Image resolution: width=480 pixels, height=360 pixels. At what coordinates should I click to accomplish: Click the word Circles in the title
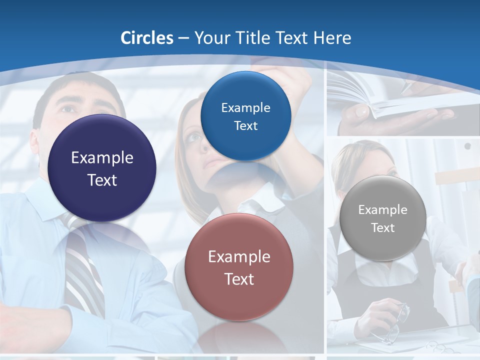tap(147, 38)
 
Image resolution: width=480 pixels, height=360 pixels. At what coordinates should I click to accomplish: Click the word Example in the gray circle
tap(383, 210)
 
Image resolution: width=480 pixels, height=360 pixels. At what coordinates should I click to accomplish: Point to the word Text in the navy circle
tap(102, 180)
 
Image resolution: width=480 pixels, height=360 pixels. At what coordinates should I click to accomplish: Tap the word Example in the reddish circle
tap(239, 257)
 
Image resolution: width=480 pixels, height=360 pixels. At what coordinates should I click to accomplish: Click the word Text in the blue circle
tap(245, 126)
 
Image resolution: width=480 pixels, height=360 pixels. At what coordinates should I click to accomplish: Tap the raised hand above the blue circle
tap(295, 80)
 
